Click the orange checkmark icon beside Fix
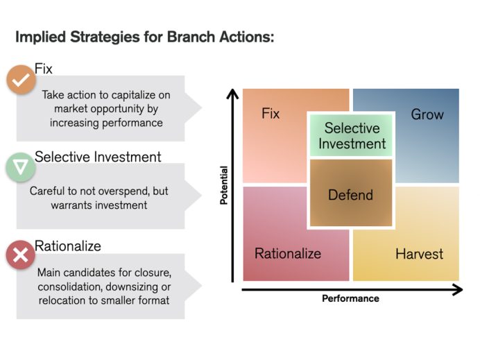21,80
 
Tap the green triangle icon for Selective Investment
21,167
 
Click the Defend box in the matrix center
350,194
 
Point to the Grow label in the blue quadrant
427,114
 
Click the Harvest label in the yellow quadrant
419,254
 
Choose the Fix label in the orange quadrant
271,113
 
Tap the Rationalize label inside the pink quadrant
288,253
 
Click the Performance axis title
350,298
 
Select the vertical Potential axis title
223,185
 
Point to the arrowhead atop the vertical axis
233,93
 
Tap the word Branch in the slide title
191,37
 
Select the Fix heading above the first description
44,69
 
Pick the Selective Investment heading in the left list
97,157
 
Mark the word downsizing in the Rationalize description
136,286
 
